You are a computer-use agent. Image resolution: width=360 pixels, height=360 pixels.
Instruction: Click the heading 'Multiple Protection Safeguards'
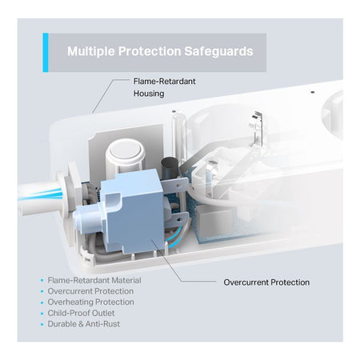[x=160, y=51]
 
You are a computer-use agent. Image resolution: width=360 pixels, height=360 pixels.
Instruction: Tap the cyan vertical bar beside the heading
[x=46, y=53]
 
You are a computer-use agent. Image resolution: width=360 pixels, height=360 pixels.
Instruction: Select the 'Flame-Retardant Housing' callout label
[x=164, y=87]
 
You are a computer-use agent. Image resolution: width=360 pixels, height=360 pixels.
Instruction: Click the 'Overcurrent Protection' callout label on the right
[x=266, y=282]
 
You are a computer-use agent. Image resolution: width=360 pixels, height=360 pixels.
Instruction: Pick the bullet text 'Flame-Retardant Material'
[x=94, y=280]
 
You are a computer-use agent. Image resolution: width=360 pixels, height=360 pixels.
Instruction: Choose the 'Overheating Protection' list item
[x=90, y=302]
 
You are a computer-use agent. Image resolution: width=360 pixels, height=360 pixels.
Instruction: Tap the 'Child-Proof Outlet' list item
[x=81, y=313]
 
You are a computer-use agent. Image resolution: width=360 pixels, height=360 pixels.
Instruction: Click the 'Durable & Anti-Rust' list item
[x=83, y=324]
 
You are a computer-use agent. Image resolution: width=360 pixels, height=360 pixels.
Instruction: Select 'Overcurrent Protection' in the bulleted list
[x=90, y=291]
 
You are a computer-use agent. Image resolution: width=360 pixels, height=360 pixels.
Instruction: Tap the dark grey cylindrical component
[x=170, y=167]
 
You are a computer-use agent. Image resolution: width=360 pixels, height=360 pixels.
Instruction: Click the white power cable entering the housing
[x=40, y=195]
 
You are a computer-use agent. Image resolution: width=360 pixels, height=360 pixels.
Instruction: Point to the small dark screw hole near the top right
[x=313, y=92]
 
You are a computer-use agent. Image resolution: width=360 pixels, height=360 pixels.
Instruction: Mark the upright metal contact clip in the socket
[x=257, y=128]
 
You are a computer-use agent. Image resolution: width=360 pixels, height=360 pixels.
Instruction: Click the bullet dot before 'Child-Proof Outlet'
[x=42, y=314]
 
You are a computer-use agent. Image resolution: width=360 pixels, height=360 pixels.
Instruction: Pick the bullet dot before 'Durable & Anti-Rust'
[x=42, y=324]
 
